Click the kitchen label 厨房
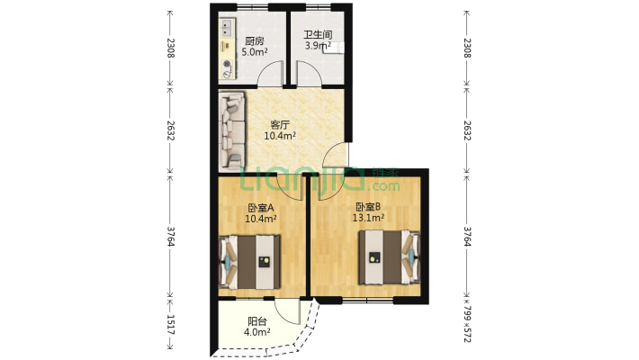[255, 40]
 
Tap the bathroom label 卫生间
[319, 35]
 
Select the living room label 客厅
[280, 125]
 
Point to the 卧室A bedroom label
[261, 207]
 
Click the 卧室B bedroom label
[368, 206]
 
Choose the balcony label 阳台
[256, 321]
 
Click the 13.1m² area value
[368, 218]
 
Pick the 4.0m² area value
[257, 333]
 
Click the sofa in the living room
[233, 130]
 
